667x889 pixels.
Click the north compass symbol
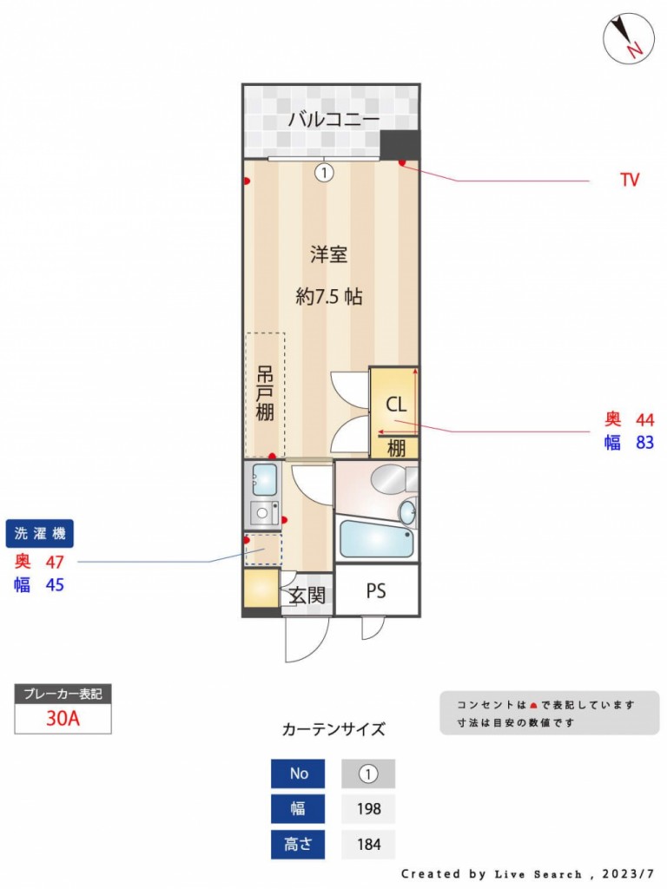[629, 38]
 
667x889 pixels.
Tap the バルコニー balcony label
[333, 120]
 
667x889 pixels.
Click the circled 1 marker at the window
[324, 172]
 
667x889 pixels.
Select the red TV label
[630, 180]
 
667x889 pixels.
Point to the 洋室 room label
[329, 254]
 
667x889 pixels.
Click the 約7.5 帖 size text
[329, 296]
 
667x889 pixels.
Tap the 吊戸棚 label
[265, 393]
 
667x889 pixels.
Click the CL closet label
[396, 405]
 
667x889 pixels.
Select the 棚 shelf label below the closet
[396, 449]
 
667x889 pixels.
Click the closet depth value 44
[645, 419]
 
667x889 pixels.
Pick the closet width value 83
[645, 442]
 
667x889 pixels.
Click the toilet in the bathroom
[394, 479]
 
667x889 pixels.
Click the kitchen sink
[264, 479]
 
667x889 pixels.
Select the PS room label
[376, 590]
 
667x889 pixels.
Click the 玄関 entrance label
[307, 596]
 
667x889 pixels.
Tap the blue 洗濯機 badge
[40, 534]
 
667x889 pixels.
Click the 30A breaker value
[63, 718]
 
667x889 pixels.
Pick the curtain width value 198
[368, 808]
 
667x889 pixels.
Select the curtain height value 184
[368, 844]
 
